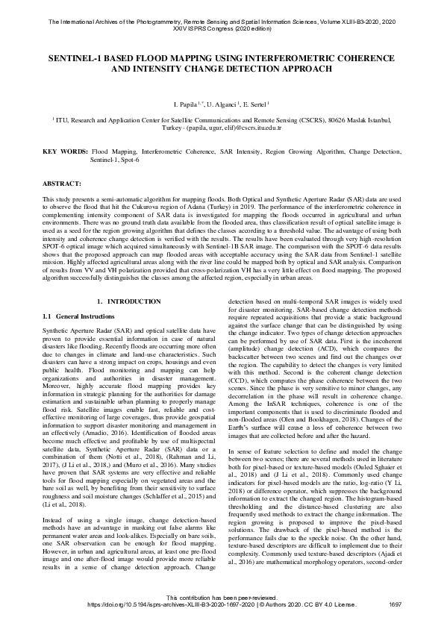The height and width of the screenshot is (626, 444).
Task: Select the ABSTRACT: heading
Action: click(63, 182)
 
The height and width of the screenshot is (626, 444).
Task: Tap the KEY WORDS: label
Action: click(65, 151)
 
